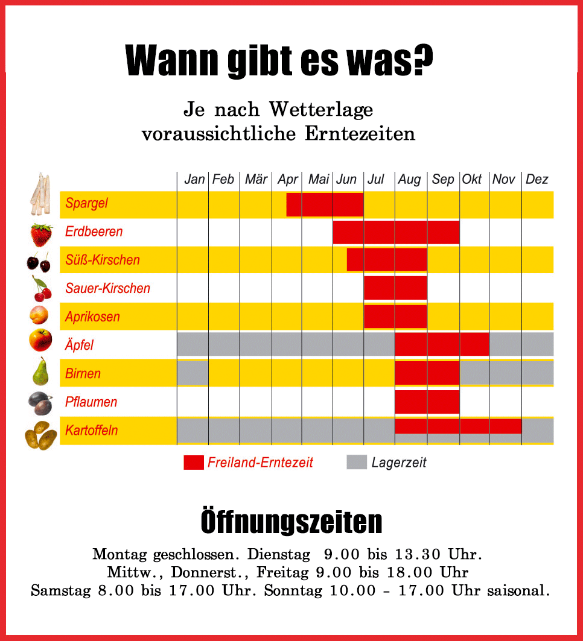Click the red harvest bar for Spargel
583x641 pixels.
point(325,204)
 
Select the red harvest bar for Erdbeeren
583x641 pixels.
point(396,232)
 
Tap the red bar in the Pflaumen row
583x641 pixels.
point(427,402)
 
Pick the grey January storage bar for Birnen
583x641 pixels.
point(193,373)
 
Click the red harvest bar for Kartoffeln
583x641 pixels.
point(458,426)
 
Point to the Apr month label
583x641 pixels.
point(288,179)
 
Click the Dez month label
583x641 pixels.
point(537,179)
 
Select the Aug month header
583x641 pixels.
point(409,179)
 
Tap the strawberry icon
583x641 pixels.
point(41,234)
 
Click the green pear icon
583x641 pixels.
point(40,371)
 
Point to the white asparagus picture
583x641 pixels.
point(40,194)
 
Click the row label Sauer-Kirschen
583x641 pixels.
point(107,288)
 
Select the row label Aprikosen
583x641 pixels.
point(92,317)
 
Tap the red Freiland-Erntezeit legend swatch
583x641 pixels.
point(194,463)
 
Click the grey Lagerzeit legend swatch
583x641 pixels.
point(357,463)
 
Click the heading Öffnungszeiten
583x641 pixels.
point(291,522)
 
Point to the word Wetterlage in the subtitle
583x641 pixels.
point(321,110)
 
